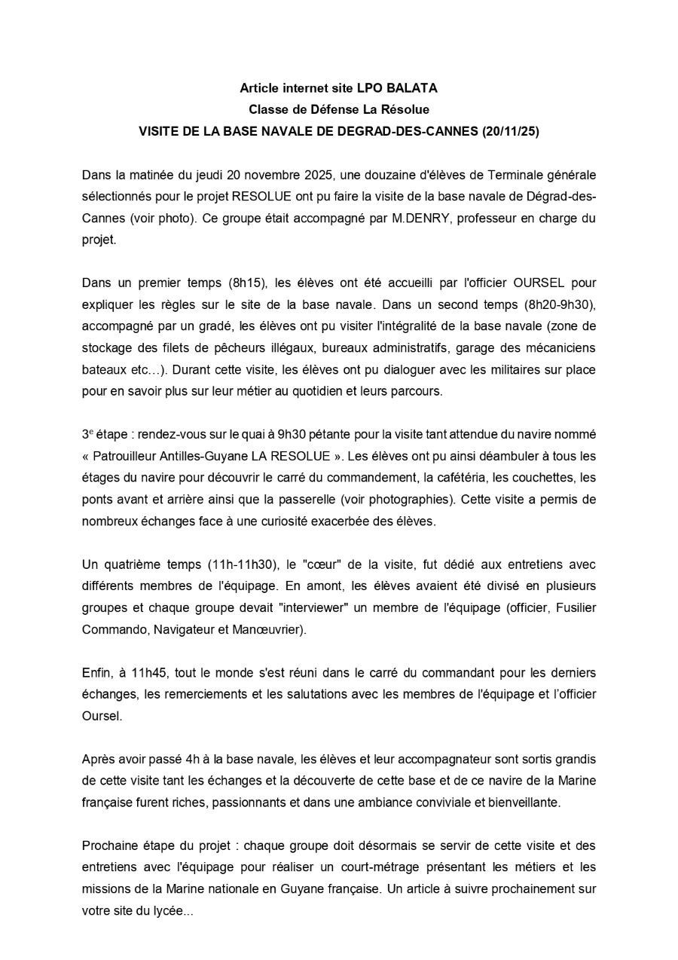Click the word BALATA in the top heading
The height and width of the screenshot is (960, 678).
click(x=413, y=88)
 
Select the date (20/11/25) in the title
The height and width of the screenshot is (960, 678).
click(x=511, y=130)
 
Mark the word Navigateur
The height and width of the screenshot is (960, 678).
click(x=183, y=629)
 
